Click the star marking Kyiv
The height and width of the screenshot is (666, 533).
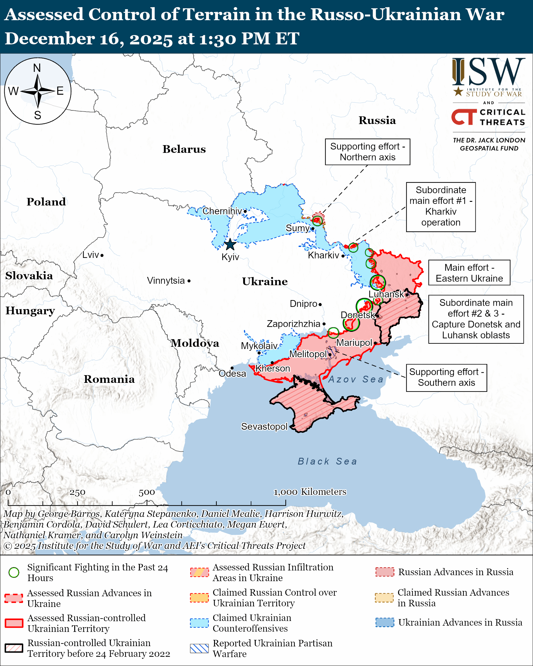pos(230,244)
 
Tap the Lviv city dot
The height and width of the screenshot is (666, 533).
pos(102,255)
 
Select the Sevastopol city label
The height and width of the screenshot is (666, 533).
pos(264,426)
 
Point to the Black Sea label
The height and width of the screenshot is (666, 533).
pos(327,461)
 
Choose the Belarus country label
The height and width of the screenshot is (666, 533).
pos(184,149)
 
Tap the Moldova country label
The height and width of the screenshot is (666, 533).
pos(195,343)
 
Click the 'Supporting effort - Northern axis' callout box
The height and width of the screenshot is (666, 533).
pos(367,152)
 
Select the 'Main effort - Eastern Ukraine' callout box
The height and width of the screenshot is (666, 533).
pos(469,272)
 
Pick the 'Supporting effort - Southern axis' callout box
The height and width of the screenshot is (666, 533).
pos(446,378)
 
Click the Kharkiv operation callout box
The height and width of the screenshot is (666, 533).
pos(441,206)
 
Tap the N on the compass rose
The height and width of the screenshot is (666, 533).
pos(37,68)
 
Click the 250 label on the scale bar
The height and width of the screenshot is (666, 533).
pos(77,492)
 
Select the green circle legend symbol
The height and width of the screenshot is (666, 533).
pos(14,573)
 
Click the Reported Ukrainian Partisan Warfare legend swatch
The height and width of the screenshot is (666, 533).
pos(199,648)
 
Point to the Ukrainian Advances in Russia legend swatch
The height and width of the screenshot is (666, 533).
pos(385,622)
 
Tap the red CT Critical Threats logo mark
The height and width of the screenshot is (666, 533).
pos(464,116)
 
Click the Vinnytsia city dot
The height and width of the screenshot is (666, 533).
pos(189,281)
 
